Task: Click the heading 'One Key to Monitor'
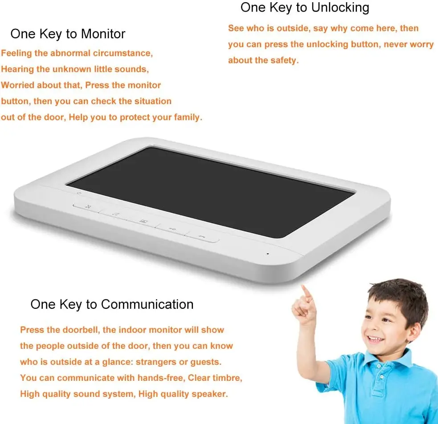[x=68, y=34]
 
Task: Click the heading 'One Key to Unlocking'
[x=305, y=8]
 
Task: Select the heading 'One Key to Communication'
[x=112, y=304]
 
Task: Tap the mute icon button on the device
[x=88, y=206]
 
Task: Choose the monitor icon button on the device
[x=143, y=221]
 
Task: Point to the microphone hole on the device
[x=268, y=254]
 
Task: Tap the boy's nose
[x=371, y=328]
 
